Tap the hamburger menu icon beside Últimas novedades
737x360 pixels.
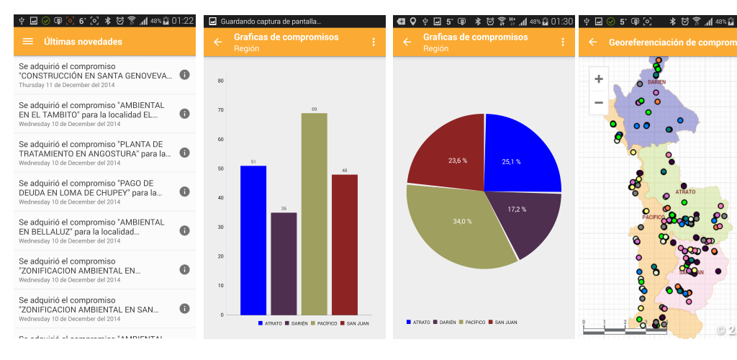[x=28, y=42]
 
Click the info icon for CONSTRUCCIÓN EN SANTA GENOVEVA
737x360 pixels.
[x=184, y=75]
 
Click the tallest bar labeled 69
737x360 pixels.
[x=314, y=214]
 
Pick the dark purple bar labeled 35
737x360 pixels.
[x=284, y=264]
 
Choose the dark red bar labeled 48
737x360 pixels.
[x=345, y=244]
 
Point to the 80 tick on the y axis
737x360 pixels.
[x=221, y=81]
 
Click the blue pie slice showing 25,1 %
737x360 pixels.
[x=520, y=155]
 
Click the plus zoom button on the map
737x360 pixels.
[x=599, y=79]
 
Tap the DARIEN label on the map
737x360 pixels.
[x=656, y=82]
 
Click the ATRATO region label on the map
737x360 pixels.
[x=685, y=192]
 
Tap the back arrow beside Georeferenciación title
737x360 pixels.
[x=593, y=42]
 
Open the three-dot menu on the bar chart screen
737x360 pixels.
[x=374, y=42]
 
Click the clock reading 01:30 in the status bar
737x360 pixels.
[x=561, y=22]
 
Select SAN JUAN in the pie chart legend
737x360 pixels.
[x=503, y=322]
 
